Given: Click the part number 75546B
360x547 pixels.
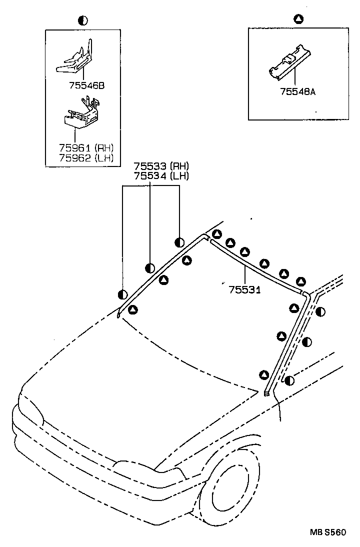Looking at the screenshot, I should click(87, 85).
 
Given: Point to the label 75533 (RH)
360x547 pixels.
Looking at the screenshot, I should click(161, 166).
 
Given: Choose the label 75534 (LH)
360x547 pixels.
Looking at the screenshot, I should click(161, 175).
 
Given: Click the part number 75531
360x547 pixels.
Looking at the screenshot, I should click(244, 289).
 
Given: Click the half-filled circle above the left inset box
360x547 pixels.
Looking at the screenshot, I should click(83, 20).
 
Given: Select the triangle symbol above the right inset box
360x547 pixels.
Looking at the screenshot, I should click(298, 19).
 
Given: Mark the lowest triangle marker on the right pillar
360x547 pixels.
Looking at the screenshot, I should click(264, 374).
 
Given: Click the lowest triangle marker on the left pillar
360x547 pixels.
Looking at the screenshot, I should click(132, 309).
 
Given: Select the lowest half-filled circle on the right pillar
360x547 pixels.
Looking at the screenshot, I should click(289, 380).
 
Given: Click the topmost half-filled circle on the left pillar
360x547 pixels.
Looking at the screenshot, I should click(179, 243).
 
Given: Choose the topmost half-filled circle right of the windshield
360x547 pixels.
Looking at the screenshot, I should click(320, 311).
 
